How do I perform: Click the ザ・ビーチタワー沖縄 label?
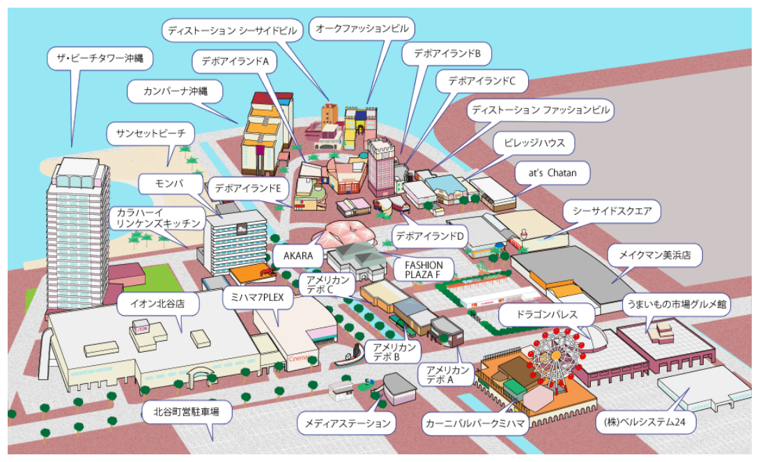pos(100,59)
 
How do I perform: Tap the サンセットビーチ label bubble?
pos(150,133)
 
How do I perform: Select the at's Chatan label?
pos(552,173)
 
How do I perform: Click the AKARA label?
pos(297,256)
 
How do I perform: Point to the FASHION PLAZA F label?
pos(424,270)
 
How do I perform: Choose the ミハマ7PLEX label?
pos(258,298)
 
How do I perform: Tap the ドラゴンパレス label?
pos(547,314)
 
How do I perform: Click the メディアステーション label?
pos(348,424)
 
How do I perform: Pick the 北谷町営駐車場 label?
pos(187,412)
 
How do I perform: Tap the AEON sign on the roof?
pos(142,327)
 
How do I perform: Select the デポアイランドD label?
pos(430,236)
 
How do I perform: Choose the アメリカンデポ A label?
pos(447,374)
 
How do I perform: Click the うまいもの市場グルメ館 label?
pos(676,305)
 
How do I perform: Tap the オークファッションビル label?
pos(362,29)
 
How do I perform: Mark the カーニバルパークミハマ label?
pos(474,424)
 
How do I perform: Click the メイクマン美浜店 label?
pos(655,254)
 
